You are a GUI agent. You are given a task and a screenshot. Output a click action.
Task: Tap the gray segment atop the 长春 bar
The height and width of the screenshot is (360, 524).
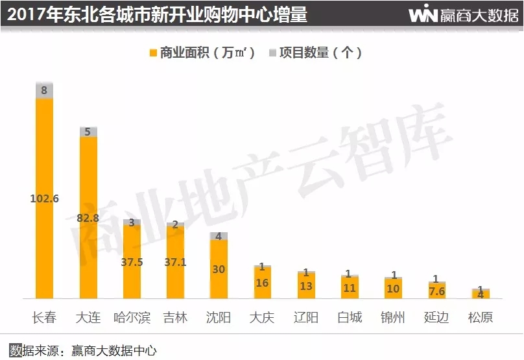coord(44,91)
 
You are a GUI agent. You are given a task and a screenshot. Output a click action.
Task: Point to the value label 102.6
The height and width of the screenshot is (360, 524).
coord(44,198)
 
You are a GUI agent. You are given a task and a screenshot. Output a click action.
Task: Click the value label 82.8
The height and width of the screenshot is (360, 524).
coord(88,218)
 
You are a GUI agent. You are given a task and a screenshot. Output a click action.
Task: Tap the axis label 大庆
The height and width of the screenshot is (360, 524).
coord(262,318)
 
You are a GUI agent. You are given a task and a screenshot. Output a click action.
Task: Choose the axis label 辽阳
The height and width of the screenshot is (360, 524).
coord(305,318)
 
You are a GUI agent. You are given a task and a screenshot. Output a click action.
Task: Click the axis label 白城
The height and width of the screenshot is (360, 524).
coord(350,318)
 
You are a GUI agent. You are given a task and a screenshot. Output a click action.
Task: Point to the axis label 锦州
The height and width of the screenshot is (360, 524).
coord(393,318)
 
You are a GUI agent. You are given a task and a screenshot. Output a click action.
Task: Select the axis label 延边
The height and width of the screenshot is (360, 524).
coord(436,318)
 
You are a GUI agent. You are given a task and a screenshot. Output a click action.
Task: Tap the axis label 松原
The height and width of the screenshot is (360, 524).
coord(480,318)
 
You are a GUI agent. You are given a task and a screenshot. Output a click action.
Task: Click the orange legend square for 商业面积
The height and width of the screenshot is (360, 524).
coord(153,53)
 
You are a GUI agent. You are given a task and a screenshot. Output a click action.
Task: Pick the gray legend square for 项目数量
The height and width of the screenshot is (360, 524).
coord(272,53)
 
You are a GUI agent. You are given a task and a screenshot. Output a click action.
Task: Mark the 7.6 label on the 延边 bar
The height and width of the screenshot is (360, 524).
coord(436,291)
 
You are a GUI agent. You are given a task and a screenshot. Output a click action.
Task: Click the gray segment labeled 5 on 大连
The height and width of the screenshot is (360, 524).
coord(88,132)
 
